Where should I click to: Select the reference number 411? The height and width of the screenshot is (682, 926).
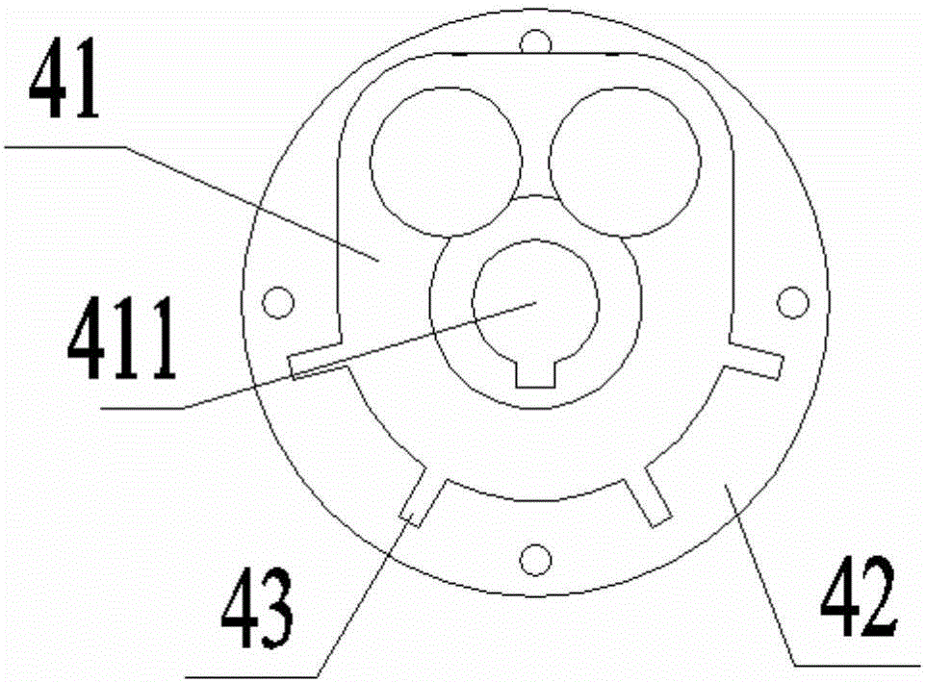click(x=121, y=338)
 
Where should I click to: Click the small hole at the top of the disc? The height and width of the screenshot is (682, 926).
click(x=536, y=42)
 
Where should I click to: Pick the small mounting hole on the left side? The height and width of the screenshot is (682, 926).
click(x=277, y=302)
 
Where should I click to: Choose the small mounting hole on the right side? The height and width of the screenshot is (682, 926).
click(x=792, y=302)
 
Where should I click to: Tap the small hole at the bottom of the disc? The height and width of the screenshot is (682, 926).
click(x=535, y=559)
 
